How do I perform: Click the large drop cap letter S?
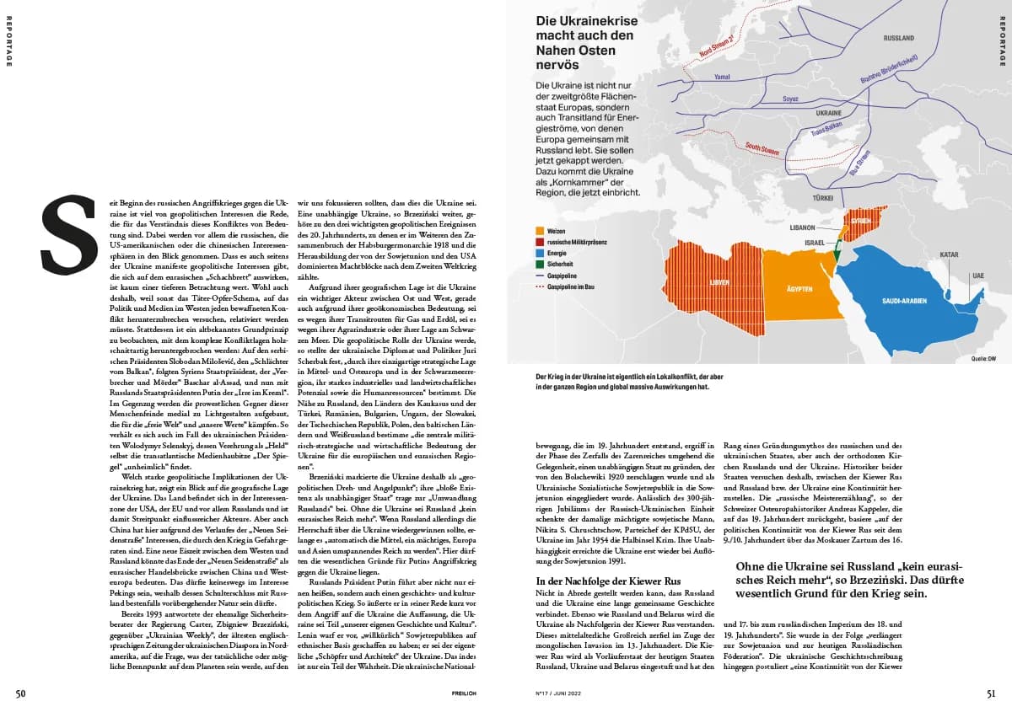[x=70, y=227]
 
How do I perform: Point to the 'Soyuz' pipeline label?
[x=791, y=98]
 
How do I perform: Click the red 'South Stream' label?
[x=762, y=148]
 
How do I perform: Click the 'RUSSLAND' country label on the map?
[x=898, y=39]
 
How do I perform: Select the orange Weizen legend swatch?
[x=540, y=229]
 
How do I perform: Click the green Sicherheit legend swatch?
[x=540, y=265]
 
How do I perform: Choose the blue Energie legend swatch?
[x=540, y=253]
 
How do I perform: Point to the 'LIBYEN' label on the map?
[x=719, y=282]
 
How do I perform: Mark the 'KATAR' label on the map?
[x=949, y=254]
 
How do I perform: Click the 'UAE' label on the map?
[x=977, y=276]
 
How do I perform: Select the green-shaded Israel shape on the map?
[x=837, y=253]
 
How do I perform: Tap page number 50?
[x=22, y=693]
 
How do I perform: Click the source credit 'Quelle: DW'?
[x=982, y=359]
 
